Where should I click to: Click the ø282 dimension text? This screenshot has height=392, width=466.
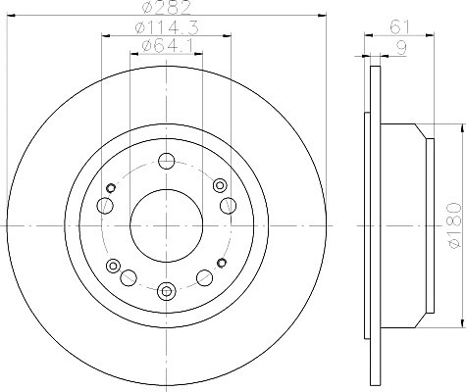click(x=167, y=7)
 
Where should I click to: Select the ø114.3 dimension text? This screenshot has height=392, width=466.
click(x=167, y=27)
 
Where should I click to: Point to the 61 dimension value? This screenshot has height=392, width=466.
click(x=399, y=27)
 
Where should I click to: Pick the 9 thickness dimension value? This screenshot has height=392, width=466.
click(x=401, y=48)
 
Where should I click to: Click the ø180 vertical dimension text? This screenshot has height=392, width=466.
click(x=454, y=225)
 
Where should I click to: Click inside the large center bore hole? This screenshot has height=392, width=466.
click(x=167, y=225)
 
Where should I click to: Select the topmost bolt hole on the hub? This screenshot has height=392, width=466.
click(x=167, y=161)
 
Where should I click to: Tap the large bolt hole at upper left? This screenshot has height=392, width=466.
click(x=105, y=206)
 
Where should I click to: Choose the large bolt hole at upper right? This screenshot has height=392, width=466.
click(x=228, y=206)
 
